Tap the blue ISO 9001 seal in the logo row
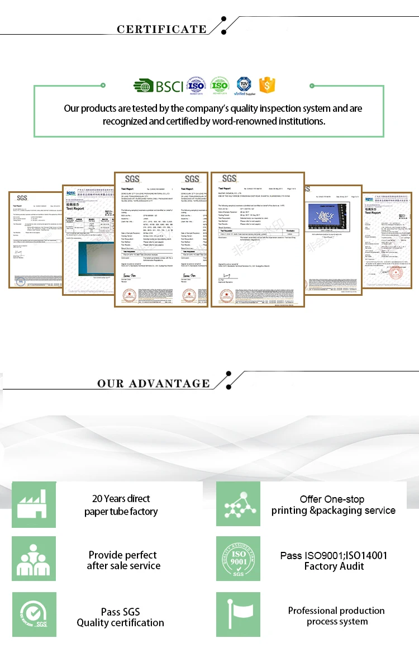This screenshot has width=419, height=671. (195, 86)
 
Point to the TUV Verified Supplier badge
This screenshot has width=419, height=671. (244, 86)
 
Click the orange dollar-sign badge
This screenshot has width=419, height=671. (268, 86)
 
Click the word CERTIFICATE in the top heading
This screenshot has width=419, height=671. (161, 29)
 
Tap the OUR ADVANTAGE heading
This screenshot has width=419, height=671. (153, 383)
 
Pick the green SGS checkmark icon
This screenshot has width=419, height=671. (34, 614)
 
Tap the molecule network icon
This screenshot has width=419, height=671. (239, 504)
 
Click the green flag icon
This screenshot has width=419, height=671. (239, 614)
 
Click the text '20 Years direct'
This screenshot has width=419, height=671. (121, 498)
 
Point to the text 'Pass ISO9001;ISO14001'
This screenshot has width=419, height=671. (334, 555)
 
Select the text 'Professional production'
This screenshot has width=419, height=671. (336, 610)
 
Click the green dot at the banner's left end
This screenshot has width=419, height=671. (103, 85)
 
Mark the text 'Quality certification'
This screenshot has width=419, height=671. (121, 623)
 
